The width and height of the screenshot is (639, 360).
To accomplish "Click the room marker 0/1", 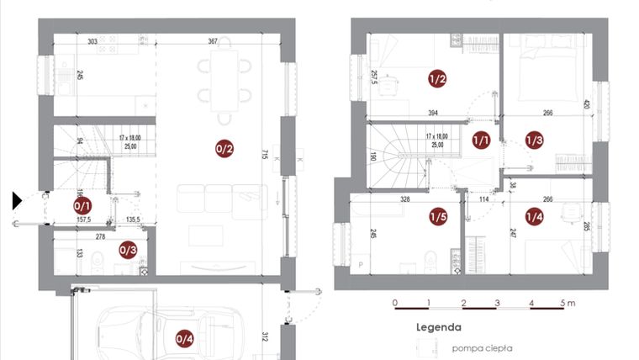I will [x=82, y=204].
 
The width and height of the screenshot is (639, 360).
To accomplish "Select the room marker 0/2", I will [x=224, y=151].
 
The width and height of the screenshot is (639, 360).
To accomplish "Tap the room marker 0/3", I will [x=128, y=250].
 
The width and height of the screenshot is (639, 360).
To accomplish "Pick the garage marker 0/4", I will [x=184, y=339].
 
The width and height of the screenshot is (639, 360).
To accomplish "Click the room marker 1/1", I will [x=482, y=140].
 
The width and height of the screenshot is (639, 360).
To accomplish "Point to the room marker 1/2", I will [x=437, y=80].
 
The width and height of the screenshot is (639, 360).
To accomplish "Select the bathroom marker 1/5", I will [x=438, y=217].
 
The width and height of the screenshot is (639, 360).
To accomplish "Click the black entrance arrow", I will [x=18, y=200].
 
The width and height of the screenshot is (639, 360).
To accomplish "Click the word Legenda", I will [x=439, y=328].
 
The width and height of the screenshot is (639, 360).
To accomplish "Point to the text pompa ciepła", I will [x=482, y=347].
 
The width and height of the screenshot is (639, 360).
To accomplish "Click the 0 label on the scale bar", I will [x=395, y=302].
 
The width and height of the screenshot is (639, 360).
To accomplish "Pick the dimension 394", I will [x=432, y=113].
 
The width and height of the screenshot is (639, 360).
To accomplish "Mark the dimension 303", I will [x=92, y=40].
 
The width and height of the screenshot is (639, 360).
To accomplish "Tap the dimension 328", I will [x=405, y=200].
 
